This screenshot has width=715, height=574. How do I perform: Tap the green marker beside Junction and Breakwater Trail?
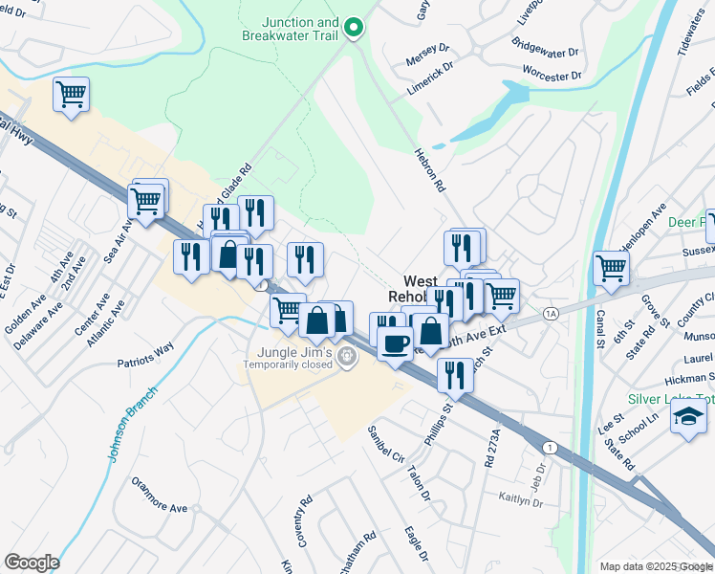354,27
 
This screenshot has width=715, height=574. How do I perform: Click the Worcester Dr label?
552,74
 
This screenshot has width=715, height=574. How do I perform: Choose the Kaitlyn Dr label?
521,497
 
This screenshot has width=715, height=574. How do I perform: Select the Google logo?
32,563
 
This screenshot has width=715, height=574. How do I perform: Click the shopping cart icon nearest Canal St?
611,268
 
